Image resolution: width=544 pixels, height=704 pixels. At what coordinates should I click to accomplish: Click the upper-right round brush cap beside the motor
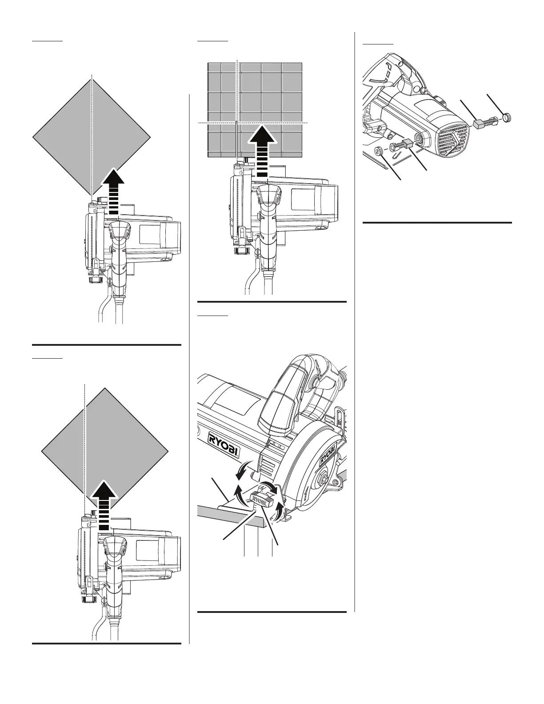click(507, 117)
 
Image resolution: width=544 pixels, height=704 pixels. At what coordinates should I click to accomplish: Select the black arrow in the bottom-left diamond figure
click(104, 504)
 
